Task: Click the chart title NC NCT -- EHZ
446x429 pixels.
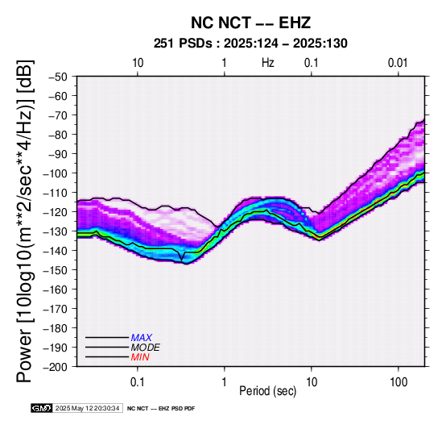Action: click(250, 23)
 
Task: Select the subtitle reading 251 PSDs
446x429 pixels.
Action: click(183, 44)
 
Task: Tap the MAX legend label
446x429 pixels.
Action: click(142, 338)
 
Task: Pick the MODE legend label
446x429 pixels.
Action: click(146, 348)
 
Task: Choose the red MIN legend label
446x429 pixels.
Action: click(140, 357)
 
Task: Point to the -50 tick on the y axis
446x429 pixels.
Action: click(57, 77)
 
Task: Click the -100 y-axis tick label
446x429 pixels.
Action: click(55, 173)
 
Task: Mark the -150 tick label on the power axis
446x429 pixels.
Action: click(55, 270)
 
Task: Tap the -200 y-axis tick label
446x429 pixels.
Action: click(55, 367)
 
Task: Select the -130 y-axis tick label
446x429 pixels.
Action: click(55, 231)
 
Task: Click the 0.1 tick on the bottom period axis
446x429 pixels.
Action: click(138, 382)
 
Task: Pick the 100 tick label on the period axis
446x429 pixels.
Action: click(399, 382)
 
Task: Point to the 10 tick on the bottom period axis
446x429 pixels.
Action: click(312, 382)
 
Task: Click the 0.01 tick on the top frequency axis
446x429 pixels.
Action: click(398, 63)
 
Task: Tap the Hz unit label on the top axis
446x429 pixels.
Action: click(268, 63)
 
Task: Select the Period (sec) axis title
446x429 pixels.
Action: click(267, 391)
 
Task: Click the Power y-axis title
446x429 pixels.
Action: click(24, 221)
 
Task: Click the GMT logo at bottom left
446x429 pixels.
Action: click(42, 408)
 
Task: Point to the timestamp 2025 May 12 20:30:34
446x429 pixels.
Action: click(87, 408)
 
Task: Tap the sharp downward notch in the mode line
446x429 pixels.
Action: click(181, 259)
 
